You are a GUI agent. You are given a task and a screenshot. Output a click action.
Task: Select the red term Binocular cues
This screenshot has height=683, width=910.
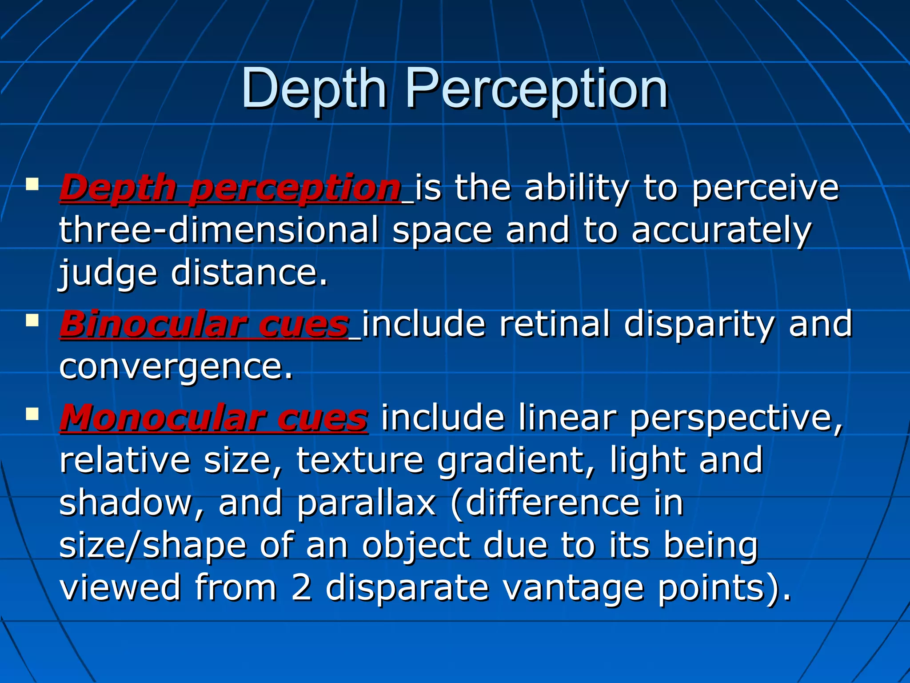204,324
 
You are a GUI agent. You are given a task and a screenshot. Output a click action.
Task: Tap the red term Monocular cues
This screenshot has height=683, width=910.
214,418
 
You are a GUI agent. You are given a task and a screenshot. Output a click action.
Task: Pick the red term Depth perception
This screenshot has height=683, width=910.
231,188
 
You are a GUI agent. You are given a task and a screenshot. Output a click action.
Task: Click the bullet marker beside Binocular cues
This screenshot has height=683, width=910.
32,320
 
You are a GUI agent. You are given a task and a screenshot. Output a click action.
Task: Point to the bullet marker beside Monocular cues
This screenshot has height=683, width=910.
32,414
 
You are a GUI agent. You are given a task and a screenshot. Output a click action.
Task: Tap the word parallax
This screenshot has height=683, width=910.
367,503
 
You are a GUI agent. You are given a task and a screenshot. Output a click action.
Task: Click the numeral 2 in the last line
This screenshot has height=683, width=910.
302,587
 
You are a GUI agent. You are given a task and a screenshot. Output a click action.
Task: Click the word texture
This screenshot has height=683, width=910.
359,460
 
